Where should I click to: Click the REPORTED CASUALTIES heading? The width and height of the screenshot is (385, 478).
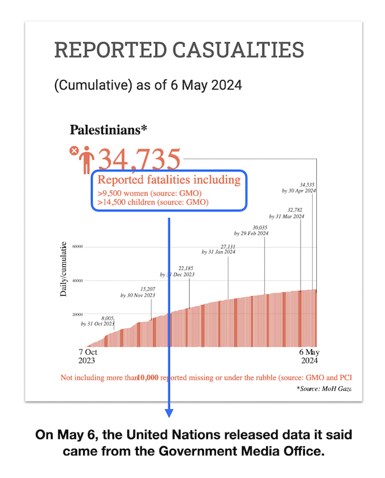click(x=179, y=50)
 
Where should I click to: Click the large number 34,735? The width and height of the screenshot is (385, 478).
click(x=139, y=160)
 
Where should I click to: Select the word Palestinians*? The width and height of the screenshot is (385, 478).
click(x=109, y=129)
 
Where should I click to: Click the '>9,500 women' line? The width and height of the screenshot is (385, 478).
click(x=148, y=194)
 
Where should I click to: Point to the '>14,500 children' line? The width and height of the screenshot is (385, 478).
click(x=152, y=203)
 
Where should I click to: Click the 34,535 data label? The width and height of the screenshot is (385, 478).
click(x=307, y=185)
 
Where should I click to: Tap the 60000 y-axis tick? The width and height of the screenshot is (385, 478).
click(x=77, y=246)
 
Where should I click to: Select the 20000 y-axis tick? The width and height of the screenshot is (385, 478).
click(x=77, y=314)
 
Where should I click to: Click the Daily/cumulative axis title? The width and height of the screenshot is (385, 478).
click(x=63, y=269)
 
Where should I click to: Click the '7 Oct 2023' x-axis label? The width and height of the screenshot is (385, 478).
click(x=88, y=357)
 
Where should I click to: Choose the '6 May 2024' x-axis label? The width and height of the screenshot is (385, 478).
click(x=310, y=357)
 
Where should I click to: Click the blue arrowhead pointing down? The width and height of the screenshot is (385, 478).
click(x=169, y=413)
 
